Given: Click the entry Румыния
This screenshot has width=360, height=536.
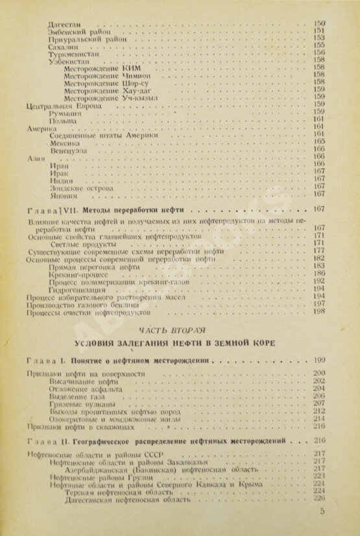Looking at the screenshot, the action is point(64,113).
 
